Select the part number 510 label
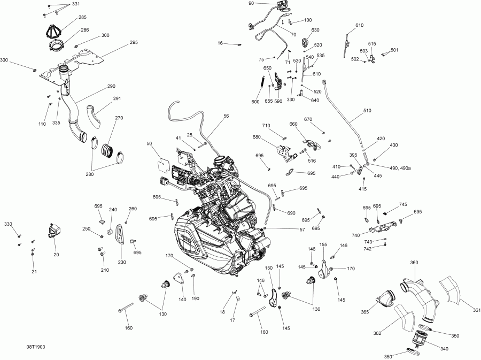point(367,111)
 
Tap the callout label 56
point(226,116)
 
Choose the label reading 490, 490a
point(401,168)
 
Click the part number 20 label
point(56,255)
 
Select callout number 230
point(122,262)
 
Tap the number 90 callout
point(252,3)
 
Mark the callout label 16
point(220,43)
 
